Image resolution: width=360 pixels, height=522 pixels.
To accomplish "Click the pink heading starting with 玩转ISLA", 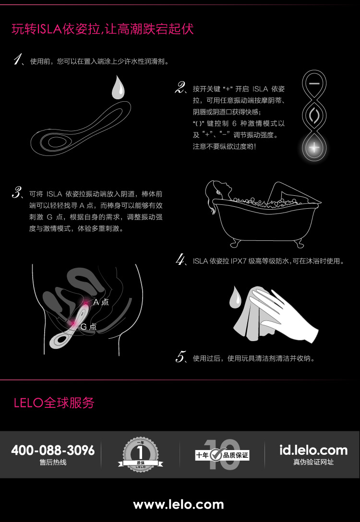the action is tap(103, 29).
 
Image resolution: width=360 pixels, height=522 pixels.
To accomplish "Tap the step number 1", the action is tap(17, 60).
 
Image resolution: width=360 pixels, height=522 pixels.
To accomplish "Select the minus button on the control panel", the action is tap(314, 84).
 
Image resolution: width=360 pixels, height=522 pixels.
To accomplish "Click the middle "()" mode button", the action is tap(314, 115).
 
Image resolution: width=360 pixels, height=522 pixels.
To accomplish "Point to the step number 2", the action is tap(180, 88).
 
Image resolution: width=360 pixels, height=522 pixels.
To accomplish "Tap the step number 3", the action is tap(17, 193).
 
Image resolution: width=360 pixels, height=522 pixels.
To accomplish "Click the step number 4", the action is tap(180, 260).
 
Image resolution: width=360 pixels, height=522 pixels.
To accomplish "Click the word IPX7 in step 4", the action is tap(238, 261).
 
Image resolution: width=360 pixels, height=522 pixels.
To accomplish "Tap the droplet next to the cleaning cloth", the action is tap(235, 297).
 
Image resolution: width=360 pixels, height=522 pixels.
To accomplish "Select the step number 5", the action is tap(180, 357).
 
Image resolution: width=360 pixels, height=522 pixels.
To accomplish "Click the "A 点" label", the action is tap(101, 302).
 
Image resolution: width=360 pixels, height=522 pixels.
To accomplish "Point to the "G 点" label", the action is tap(89, 327).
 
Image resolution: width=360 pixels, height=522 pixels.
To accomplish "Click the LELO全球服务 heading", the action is tap(54, 403).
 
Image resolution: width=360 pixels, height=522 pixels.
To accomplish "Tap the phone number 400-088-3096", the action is tap(53, 450).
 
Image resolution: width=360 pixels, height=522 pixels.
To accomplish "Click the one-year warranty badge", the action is tap(140, 455).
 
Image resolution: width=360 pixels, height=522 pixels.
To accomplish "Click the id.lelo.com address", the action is tap(313, 450).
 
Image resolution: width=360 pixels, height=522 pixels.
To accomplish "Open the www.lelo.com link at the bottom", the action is tap(179, 504).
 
